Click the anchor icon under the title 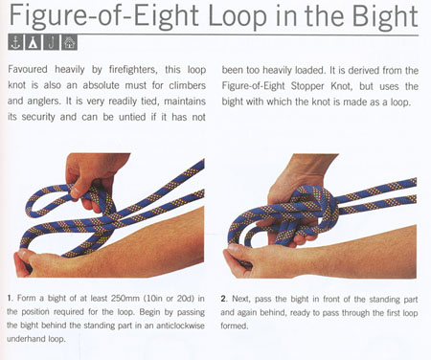15,42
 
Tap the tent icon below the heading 34,42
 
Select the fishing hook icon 52,42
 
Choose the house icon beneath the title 70,42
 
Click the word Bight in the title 385,16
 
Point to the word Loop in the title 238,16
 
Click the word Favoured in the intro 28,69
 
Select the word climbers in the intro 188,85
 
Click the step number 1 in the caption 10,299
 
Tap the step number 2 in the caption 223,299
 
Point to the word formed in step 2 234,326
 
